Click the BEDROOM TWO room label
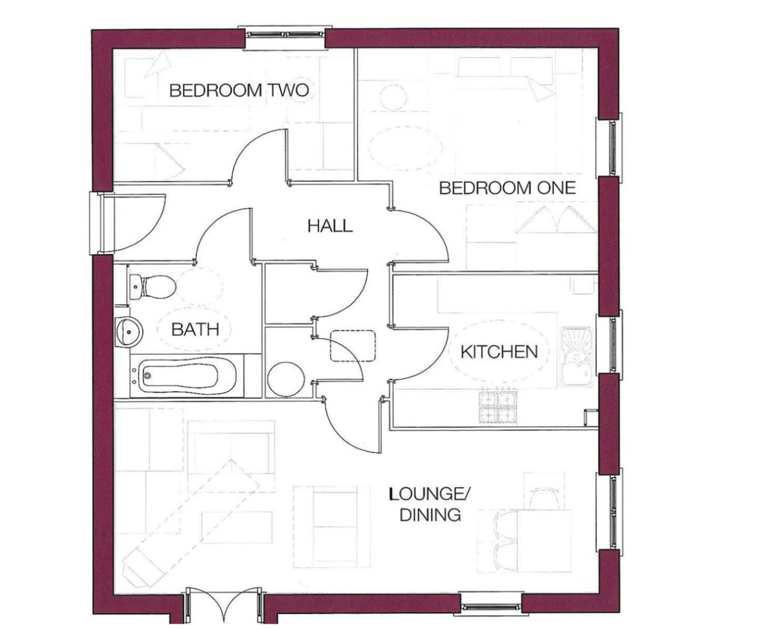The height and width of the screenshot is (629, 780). coord(239,90)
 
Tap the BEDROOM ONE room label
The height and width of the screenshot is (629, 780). coord(508,188)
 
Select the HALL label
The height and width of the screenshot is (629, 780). coord(330,226)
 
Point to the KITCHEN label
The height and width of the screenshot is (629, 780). coord(499,352)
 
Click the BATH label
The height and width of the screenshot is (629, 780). coord(195,329)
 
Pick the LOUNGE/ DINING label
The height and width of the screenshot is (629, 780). coord(430,505)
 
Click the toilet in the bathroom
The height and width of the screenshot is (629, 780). coord(152,287)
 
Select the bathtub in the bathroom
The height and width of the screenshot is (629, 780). coord(187,376)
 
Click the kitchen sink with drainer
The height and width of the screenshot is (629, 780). coord(576,357)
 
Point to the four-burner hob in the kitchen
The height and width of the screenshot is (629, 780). coord(498,407)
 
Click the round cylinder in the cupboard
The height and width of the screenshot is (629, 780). coord(286,379)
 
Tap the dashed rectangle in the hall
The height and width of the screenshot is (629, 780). coord(353,346)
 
